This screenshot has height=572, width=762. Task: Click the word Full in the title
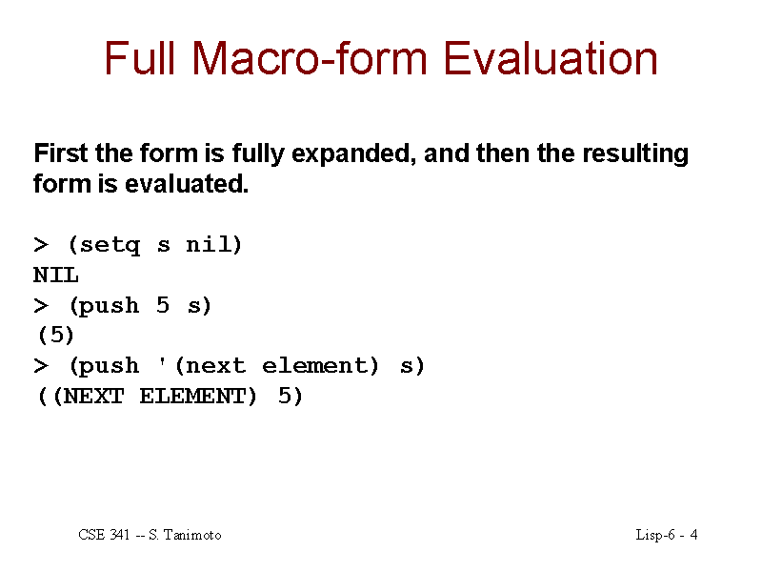pyautogui.click(x=139, y=58)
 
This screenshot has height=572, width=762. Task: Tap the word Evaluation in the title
pyautogui.click(x=551, y=58)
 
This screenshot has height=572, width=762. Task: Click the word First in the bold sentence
pyautogui.click(x=61, y=153)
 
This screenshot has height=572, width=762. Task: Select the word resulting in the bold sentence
pyautogui.click(x=635, y=154)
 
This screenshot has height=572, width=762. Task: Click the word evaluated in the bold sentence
pyautogui.click(x=187, y=184)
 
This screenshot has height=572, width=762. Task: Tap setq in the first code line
pyautogui.click(x=110, y=245)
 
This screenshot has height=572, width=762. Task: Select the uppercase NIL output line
pyautogui.click(x=56, y=276)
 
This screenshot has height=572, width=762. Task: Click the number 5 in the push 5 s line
pyautogui.click(x=163, y=305)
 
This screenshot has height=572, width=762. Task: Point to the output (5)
pyautogui.click(x=56, y=336)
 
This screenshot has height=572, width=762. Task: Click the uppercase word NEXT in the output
pyautogui.click(x=93, y=397)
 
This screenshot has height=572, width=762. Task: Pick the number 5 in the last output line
pyautogui.click(x=285, y=396)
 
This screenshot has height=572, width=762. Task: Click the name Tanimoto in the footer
pyautogui.click(x=192, y=535)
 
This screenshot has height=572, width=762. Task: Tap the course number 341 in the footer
pyautogui.click(x=120, y=535)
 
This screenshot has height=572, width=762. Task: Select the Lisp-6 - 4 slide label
pyautogui.click(x=667, y=535)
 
